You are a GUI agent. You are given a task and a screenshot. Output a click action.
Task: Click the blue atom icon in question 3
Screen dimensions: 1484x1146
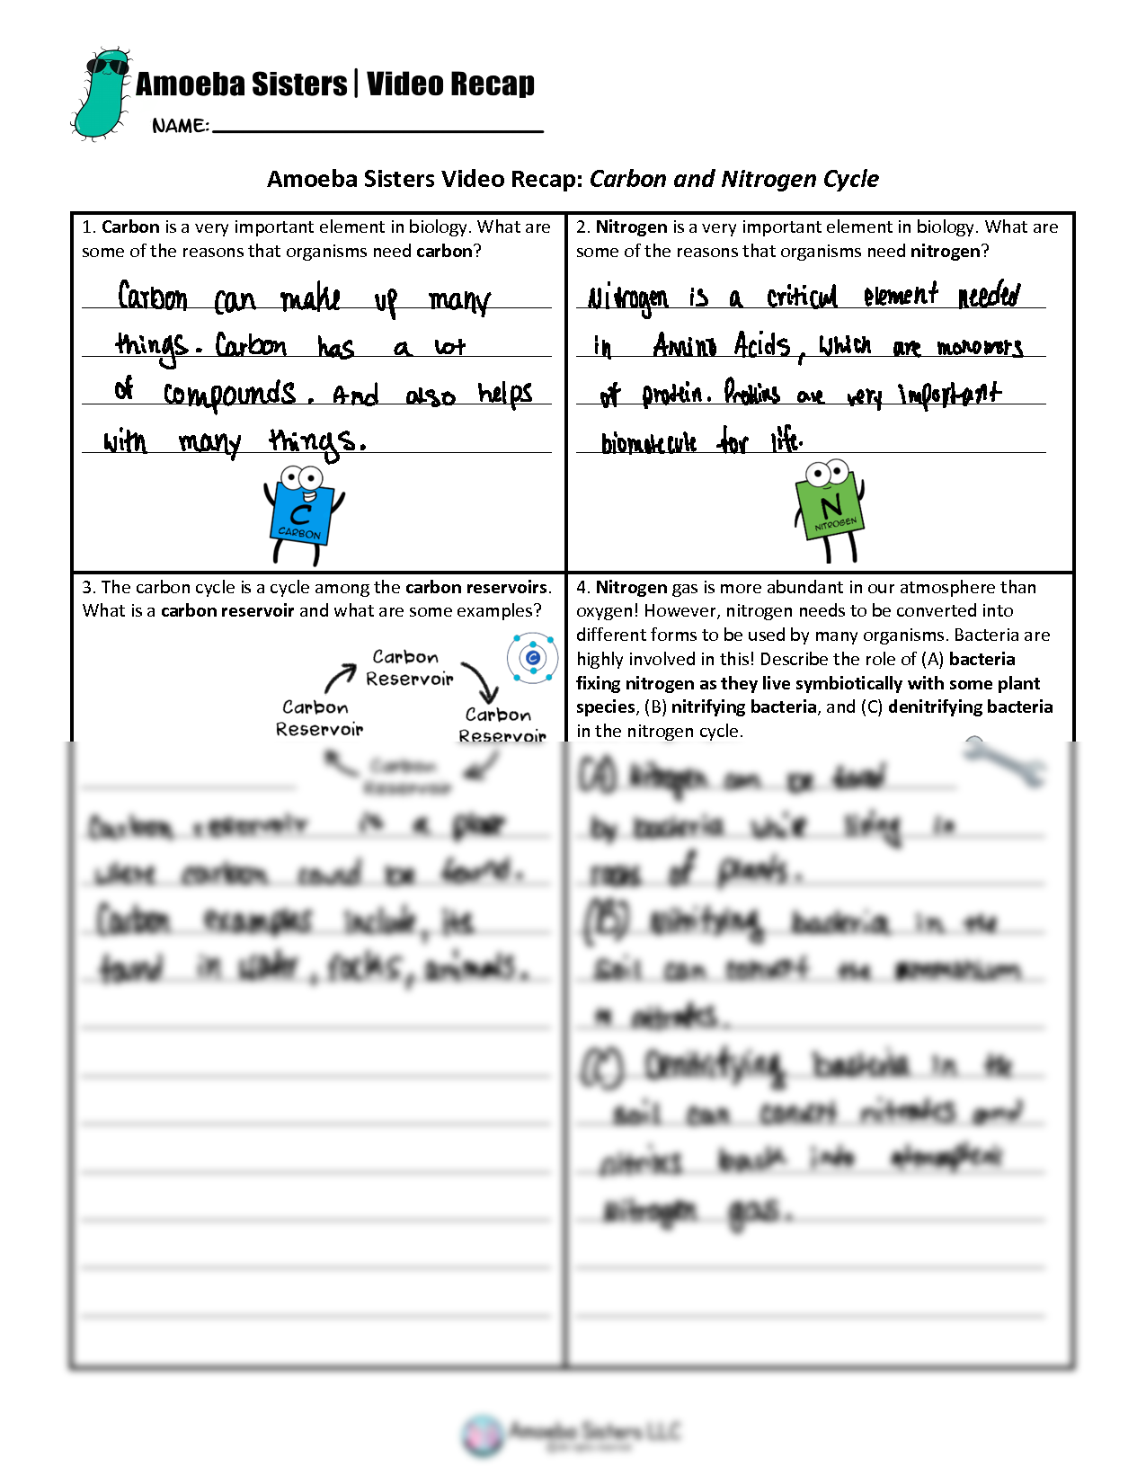coord(532,658)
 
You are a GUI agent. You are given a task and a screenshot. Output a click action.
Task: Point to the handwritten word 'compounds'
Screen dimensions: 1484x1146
coord(230,395)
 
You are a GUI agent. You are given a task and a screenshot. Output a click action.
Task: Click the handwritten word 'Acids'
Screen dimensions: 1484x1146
coord(761,345)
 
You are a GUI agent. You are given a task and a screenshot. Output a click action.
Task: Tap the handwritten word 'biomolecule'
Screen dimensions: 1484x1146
coord(649,442)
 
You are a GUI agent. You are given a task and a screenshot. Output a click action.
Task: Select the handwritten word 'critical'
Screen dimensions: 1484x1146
coord(802,297)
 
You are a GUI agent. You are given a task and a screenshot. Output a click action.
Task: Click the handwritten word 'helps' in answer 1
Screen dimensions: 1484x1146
coord(505,395)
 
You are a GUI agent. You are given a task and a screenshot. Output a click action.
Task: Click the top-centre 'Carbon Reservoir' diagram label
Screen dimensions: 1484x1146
coord(408,668)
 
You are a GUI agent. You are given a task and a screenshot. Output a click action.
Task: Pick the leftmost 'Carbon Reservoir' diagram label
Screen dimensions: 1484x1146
coord(318,718)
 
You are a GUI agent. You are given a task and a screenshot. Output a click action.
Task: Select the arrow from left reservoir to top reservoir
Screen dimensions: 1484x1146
coord(340,677)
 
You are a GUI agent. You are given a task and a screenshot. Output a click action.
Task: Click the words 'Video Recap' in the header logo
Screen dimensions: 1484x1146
coord(450,84)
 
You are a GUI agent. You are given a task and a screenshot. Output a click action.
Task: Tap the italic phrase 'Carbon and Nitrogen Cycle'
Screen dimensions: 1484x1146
coord(733,179)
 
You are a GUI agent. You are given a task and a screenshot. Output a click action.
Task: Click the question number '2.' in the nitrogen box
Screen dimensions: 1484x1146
coord(583,227)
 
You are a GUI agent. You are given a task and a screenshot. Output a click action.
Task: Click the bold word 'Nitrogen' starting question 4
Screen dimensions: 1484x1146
coord(631,588)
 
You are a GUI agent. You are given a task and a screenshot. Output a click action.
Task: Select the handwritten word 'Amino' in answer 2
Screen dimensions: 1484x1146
coord(685,345)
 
